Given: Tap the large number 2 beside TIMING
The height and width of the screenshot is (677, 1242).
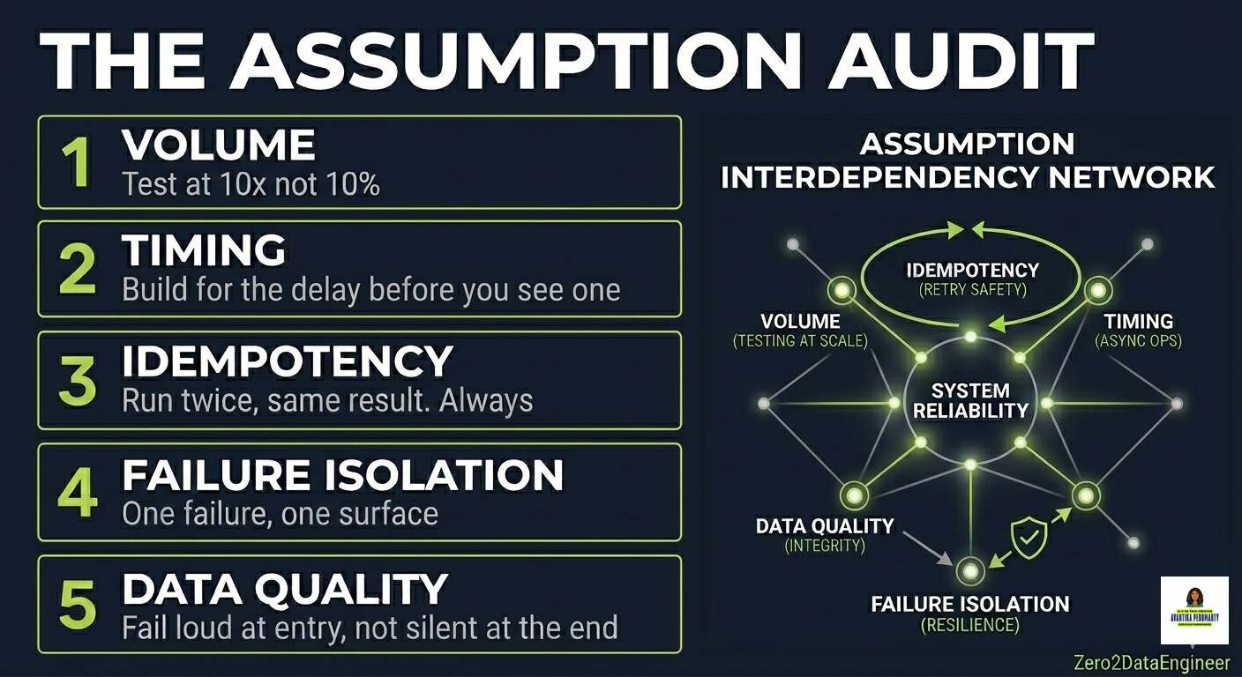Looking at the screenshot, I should pos(78,270).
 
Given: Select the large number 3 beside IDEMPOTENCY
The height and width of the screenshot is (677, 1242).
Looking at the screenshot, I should pos(79,381).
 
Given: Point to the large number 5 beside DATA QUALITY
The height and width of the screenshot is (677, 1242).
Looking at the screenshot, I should pos(78,604).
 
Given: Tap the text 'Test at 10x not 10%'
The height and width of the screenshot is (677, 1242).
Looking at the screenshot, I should pos(251,184).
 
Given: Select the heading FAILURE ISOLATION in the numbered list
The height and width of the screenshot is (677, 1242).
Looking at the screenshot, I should pos(342,476).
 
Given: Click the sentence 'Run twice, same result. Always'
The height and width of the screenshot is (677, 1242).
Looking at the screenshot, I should pos(327,401).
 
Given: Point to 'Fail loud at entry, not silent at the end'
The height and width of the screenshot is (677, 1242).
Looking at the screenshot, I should pos(370,628).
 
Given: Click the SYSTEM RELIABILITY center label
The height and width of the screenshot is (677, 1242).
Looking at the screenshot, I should pos(970,400).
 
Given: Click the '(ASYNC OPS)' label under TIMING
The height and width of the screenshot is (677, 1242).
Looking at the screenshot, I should pos(1138,340).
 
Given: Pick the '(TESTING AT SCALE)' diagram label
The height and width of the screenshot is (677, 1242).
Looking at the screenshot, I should pos(800,340).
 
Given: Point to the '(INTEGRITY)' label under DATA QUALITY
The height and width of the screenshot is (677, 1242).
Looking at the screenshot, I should pos(824,546).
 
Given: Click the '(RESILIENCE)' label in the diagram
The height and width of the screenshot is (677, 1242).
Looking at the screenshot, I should pos(969,625).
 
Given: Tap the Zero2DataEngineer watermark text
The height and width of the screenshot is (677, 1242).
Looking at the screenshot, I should pos(1152,662).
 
